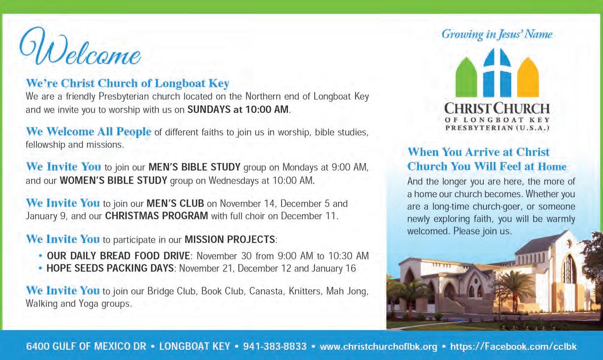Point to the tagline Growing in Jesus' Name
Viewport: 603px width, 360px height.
click(497, 34)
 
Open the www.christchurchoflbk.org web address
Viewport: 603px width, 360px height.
click(378, 346)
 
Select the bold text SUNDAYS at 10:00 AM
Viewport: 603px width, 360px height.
click(238, 110)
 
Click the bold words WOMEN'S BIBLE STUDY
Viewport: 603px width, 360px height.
click(113, 180)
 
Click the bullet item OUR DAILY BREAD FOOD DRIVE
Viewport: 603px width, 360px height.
click(118, 256)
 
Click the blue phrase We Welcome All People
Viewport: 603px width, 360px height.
click(88, 132)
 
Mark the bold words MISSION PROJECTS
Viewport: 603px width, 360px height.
click(230, 240)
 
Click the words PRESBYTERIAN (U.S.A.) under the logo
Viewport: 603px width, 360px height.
click(497, 128)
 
